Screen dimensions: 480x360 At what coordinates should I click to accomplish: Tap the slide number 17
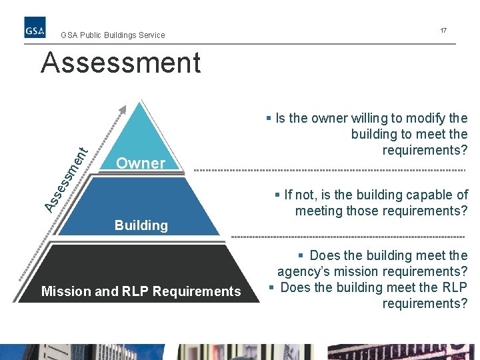click(x=443, y=31)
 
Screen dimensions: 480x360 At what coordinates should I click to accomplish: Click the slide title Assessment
click(x=121, y=63)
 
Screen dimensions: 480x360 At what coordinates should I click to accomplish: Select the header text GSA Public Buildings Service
click(x=113, y=35)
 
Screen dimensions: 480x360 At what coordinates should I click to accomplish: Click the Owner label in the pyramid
click(x=140, y=163)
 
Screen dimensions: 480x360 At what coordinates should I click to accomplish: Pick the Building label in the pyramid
click(x=141, y=225)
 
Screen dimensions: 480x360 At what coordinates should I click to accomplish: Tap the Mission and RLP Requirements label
click(x=141, y=291)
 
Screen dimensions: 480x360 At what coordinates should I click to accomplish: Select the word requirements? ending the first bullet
click(x=425, y=151)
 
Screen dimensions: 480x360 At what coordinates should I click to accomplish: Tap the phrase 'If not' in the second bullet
click(x=299, y=195)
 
